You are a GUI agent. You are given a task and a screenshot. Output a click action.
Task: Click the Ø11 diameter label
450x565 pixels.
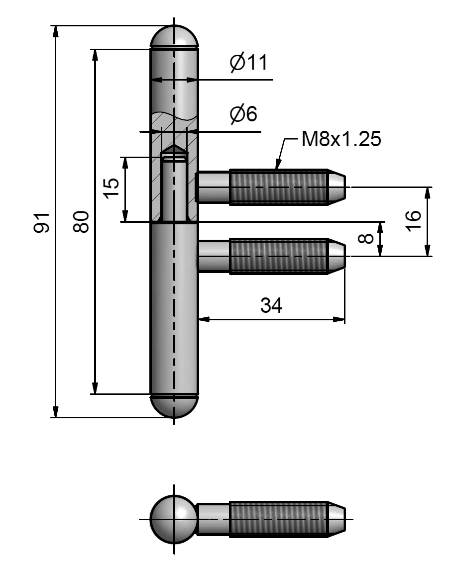tap(248, 63)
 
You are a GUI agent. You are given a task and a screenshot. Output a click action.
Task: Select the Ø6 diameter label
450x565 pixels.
tap(243, 114)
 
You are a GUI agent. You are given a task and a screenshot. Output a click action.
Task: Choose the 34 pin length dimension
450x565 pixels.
tap(271, 306)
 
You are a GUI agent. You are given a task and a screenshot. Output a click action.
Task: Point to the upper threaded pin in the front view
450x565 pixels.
tap(279, 187)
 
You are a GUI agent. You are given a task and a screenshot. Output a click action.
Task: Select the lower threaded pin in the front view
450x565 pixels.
tap(279, 256)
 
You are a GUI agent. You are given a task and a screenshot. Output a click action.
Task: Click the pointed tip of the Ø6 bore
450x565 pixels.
tap(174, 149)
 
